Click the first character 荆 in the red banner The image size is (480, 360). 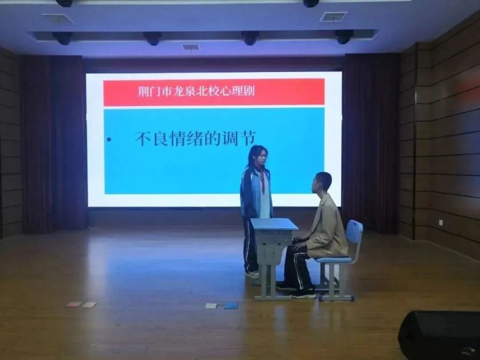tap(143, 91)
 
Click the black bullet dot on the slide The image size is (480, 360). tap(109, 140)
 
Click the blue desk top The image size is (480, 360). tap(274, 224)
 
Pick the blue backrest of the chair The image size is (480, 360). tap(354, 232)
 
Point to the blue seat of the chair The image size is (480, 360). tap(334, 260)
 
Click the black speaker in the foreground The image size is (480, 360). tap(440, 335)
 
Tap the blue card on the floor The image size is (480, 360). tap(231, 305)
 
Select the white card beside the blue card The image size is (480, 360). tap(211, 305)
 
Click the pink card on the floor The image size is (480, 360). tap(74, 304)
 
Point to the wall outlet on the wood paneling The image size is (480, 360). tap(442, 222)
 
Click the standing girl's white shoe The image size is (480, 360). tap(252, 274)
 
